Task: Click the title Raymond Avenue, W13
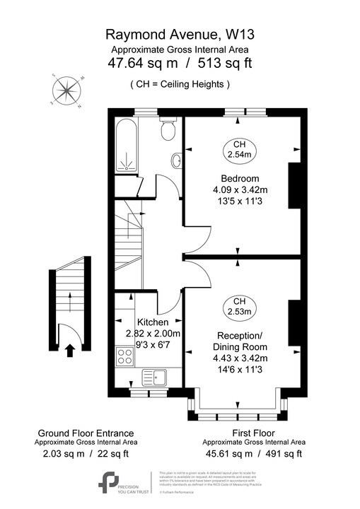(180, 33)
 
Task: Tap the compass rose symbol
(68, 91)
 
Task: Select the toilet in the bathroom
(168, 131)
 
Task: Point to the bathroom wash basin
(176, 162)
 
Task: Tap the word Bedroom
(240, 178)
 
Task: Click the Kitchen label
(153, 322)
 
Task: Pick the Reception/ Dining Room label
(240, 341)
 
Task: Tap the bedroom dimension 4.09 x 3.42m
(240, 189)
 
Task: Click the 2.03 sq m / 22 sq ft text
(85, 454)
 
